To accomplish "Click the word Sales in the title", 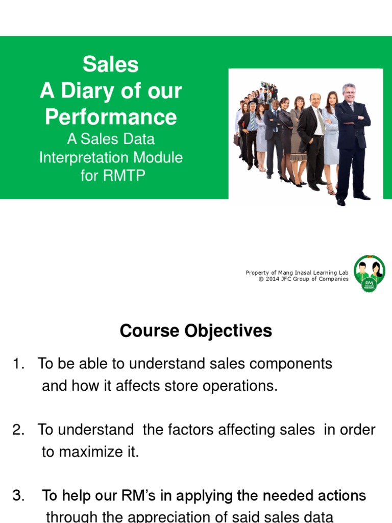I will [110, 65].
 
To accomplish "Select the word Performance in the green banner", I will [110, 117].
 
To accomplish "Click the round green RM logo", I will [369, 273].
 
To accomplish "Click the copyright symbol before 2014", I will [261, 279].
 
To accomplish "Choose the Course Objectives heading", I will [195, 331].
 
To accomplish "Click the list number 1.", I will [18, 364].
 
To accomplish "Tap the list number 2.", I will [18, 430].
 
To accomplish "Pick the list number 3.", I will [18, 495].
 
